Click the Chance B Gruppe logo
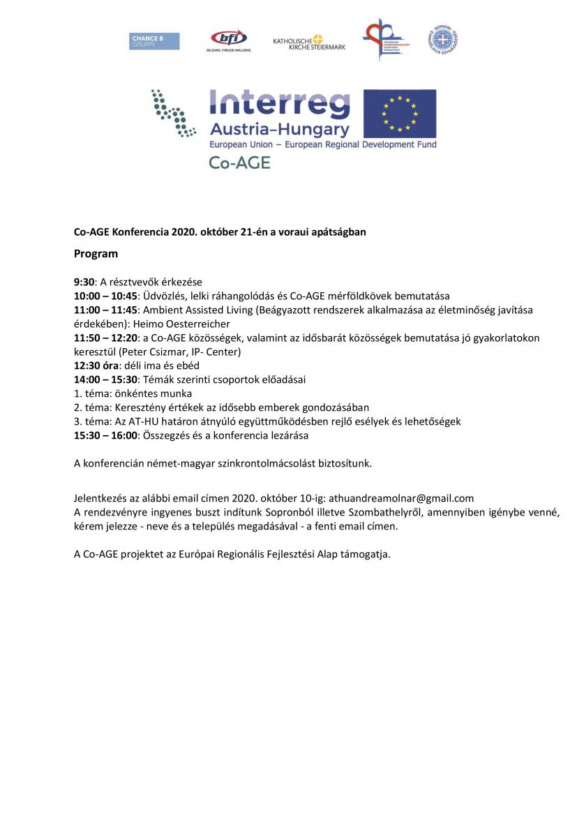tap(154, 41)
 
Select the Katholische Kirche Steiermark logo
tap(309, 42)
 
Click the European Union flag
tap(400, 114)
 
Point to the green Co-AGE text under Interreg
tap(239, 163)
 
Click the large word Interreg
tap(280, 105)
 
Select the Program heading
tap(96, 254)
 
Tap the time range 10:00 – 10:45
tap(105, 295)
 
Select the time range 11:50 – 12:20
tap(105, 338)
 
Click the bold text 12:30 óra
tap(97, 365)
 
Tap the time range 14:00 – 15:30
tap(105, 379)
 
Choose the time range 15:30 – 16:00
tap(105, 435)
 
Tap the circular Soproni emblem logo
tap(444, 39)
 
